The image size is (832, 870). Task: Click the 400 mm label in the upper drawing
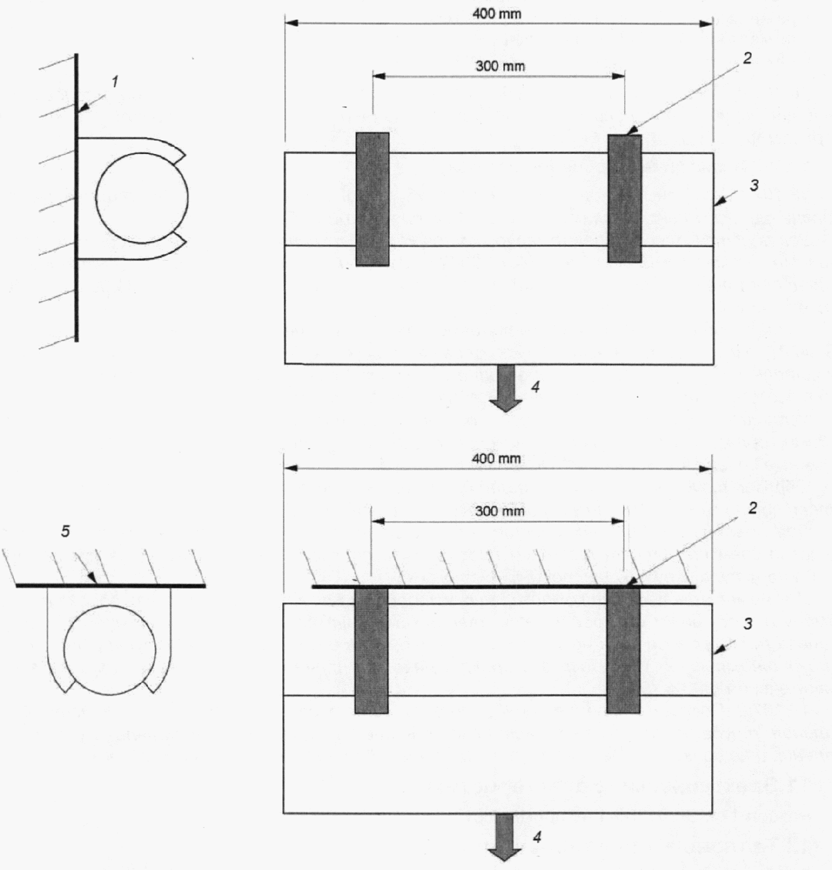coord(496,14)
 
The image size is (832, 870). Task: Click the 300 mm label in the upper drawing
coord(500,66)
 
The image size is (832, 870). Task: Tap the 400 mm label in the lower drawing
coord(496,458)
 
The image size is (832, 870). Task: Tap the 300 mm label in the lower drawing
coord(500,511)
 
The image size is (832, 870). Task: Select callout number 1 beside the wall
coord(115,81)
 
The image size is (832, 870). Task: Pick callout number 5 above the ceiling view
coord(65,531)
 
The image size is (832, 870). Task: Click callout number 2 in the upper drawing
coord(747,58)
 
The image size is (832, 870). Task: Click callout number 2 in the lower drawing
coord(752,508)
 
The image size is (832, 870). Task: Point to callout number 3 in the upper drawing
coord(754,186)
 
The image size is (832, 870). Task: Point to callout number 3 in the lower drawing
coord(748,624)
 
